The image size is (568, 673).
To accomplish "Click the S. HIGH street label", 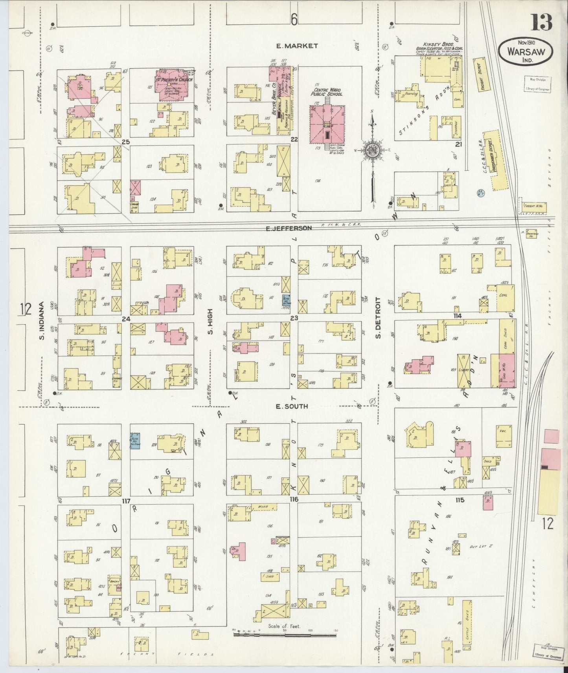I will coord(210,322).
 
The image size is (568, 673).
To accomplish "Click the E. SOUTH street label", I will coord(291,406).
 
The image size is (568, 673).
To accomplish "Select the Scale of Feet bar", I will coord(285,633).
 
